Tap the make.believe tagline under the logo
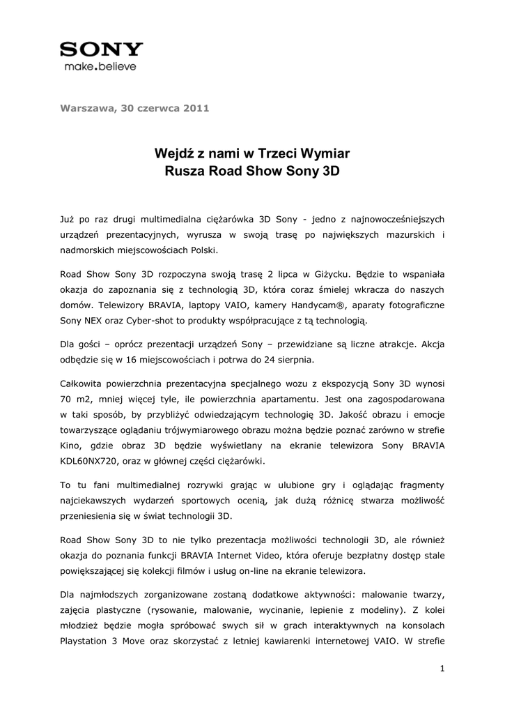[x=100, y=67]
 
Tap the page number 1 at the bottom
[x=442, y=669]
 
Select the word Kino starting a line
[x=70, y=446]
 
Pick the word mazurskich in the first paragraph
[x=405, y=234]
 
